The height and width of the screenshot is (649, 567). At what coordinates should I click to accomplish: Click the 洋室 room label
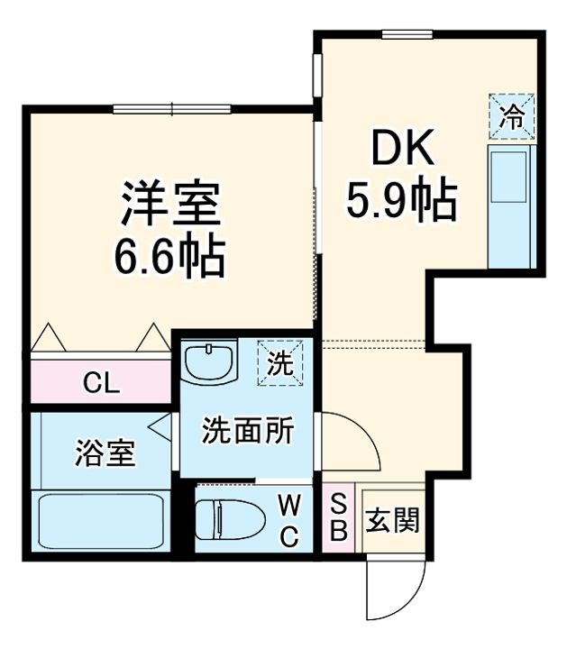coord(170,205)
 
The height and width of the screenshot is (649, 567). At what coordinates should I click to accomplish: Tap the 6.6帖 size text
coord(169,256)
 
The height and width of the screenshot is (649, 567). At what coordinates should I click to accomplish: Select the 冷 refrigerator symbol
coord(511,117)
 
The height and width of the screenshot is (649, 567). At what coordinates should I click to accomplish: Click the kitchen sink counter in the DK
coord(511,206)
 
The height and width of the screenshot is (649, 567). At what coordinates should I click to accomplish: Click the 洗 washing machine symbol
coord(279,362)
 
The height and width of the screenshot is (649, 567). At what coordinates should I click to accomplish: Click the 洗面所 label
coord(246,431)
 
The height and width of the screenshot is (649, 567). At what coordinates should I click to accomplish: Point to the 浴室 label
coord(105,453)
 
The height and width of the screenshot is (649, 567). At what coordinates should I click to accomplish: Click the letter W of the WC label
coord(288,502)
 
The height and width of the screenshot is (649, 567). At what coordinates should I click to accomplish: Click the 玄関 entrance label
coord(392,520)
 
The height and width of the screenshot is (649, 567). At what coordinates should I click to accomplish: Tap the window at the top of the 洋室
coord(171,110)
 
